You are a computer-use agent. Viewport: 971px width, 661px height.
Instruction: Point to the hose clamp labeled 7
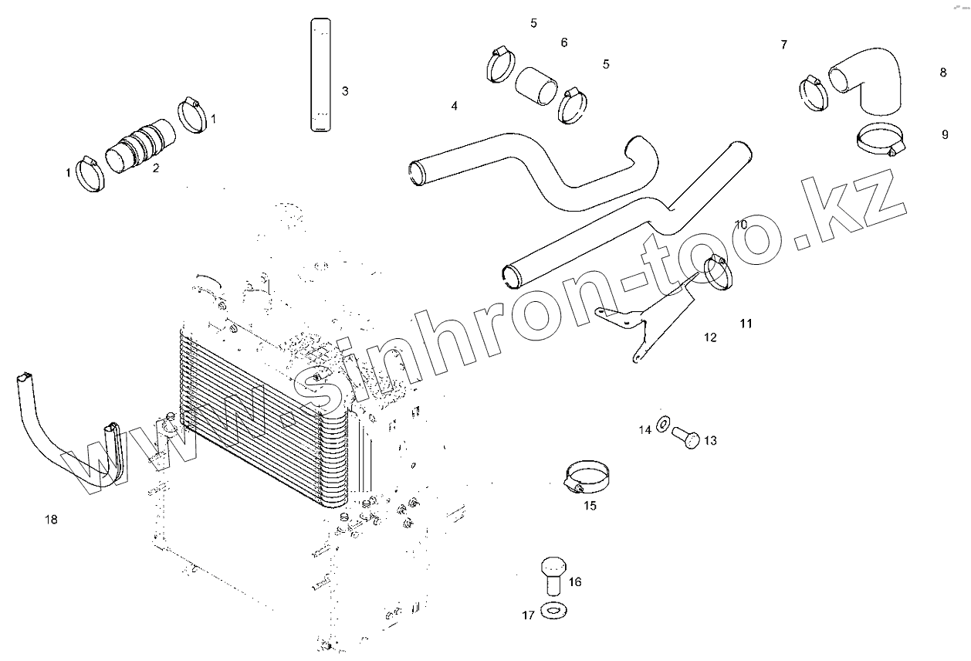(814, 93)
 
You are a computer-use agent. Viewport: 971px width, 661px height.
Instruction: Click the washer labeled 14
(663, 424)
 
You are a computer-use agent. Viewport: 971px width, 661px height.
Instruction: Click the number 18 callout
(51, 520)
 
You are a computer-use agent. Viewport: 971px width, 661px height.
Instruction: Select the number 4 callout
(455, 105)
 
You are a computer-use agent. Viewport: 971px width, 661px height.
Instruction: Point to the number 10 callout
(741, 225)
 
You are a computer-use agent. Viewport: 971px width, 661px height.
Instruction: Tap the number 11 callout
(746, 324)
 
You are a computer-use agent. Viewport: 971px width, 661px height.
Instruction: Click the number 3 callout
(345, 90)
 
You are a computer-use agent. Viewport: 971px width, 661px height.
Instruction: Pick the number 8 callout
(943, 73)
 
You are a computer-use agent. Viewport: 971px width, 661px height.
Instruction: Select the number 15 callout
(590, 507)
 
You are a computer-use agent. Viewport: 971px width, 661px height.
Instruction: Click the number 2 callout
(156, 168)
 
